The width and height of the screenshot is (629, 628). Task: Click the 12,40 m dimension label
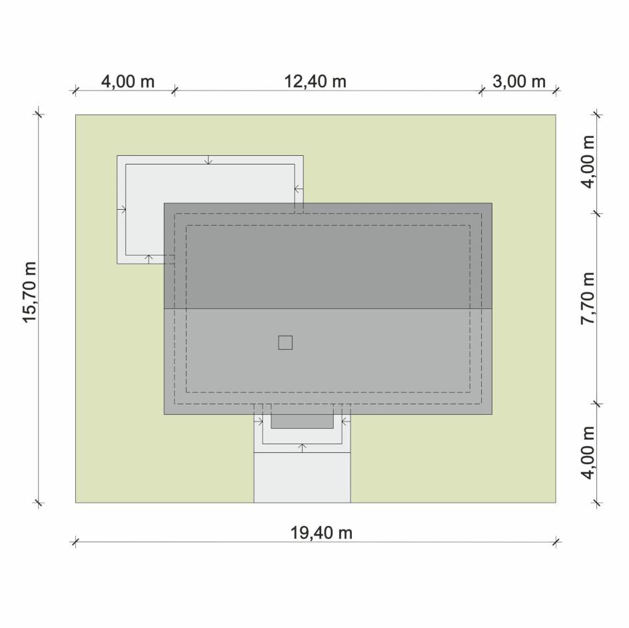point(315,81)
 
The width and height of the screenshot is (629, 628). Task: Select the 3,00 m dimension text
point(518,81)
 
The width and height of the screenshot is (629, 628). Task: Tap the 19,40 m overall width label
point(321,533)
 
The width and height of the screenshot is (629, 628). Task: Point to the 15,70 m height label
point(29,292)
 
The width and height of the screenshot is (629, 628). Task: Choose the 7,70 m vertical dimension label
point(588,298)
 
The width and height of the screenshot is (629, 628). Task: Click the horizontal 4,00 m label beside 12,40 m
point(127,81)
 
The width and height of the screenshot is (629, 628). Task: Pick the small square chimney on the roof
point(285,342)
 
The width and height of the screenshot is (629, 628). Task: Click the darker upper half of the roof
point(328,256)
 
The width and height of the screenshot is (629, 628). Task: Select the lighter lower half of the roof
point(328,362)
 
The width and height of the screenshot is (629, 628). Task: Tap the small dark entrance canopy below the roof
point(302,422)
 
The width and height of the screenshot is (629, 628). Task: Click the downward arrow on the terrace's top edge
point(208,160)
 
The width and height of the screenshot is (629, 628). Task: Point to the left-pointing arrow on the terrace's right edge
point(299,188)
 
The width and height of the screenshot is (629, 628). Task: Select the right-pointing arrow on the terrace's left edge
point(121,209)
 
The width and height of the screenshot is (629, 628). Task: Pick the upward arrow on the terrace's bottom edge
point(149,259)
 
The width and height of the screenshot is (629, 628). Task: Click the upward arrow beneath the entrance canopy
point(303,448)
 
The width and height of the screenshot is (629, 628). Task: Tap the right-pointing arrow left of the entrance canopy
point(259,422)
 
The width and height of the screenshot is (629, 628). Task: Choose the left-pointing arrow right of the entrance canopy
point(346,422)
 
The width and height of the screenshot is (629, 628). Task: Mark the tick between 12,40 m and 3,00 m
point(481,91)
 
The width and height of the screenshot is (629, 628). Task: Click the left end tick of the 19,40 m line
point(75,543)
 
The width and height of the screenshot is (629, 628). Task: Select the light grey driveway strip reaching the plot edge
point(302,477)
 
